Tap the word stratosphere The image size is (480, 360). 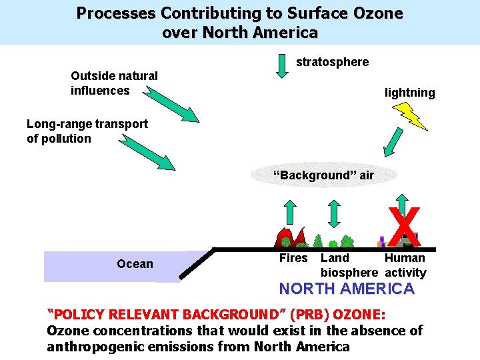coord(332,62)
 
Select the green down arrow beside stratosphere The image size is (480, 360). coord(281,65)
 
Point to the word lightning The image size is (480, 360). coord(409,93)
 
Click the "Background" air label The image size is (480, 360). coord(324,175)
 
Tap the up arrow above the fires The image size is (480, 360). coord(290,211)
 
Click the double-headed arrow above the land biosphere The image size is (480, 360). coord(335,213)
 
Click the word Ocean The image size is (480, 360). coord(135,264)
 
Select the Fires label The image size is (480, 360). coord(293,258)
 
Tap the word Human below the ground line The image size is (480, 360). coord(405,258)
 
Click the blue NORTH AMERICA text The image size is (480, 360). coord(346,289)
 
